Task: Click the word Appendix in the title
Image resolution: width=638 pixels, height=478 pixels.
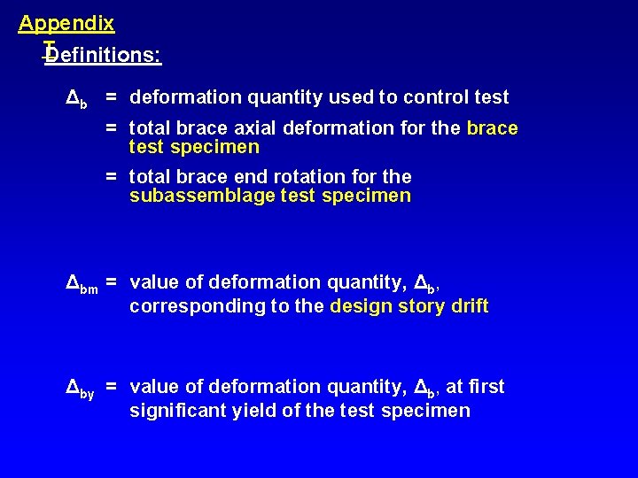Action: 66,23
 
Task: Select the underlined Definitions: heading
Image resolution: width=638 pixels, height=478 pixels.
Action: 103,56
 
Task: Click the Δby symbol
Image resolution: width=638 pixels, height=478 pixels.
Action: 81,388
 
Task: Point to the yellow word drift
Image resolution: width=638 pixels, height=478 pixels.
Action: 467,307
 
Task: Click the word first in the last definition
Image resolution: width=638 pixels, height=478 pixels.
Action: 487,387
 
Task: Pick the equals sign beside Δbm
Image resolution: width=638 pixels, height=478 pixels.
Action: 113,282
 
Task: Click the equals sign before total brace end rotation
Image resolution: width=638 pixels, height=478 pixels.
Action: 113,177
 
